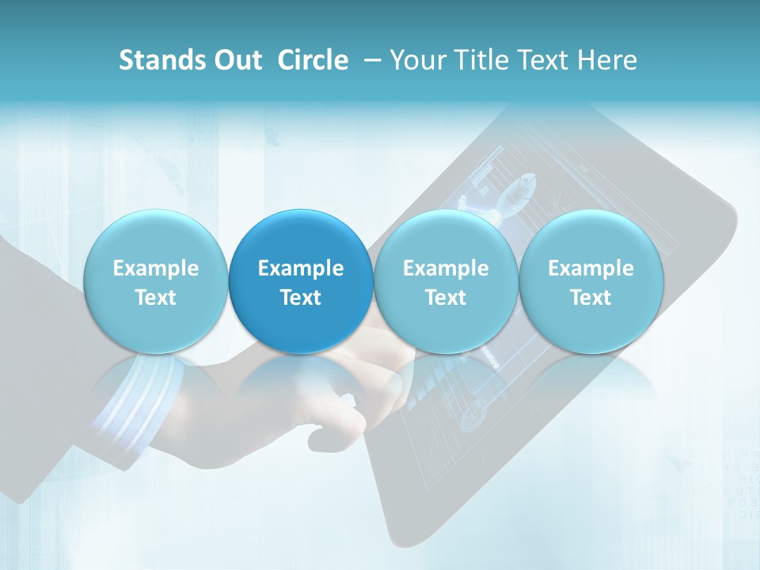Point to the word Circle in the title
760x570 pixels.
click(313, 60)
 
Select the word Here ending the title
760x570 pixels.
click(609, 60)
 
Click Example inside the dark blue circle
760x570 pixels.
click(301, 268)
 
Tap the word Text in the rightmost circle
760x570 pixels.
click(591, 298)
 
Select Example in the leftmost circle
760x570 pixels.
click(155, 268)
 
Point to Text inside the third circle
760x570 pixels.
click(446, 298)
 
